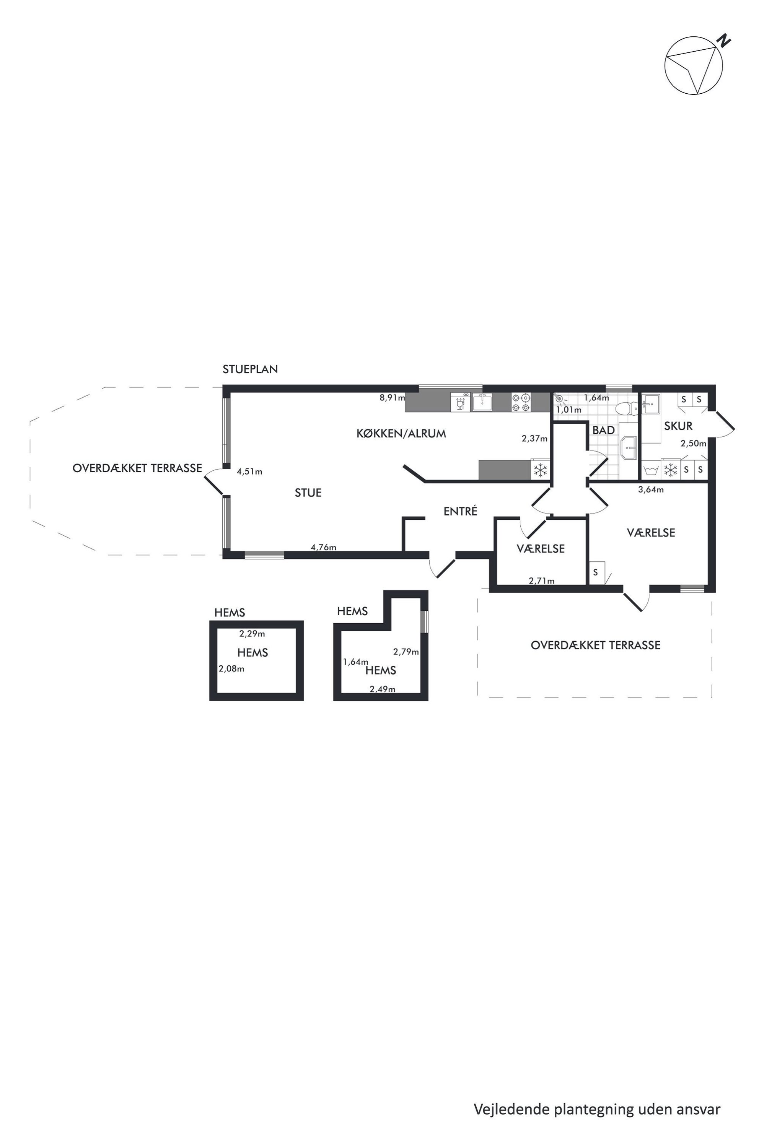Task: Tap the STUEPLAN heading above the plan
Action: click(250, 369)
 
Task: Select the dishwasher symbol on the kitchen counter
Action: click(460, 402)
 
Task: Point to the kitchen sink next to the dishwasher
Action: click(482, 402)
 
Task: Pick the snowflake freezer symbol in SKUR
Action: click(670, 469)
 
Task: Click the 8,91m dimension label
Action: click(392, 398)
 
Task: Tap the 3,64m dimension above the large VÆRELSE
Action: click(651, 489)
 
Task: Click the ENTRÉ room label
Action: click(460, 511)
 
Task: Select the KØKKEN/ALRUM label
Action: click(401, 434)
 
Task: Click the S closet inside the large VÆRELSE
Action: click(597, 572)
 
